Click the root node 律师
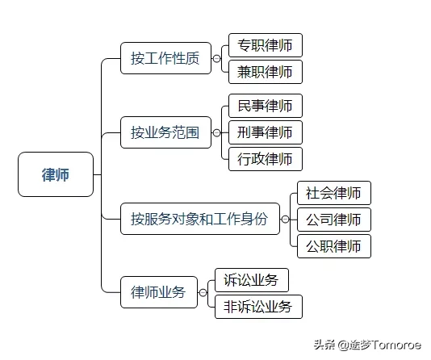(x=56, y=174)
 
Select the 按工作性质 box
(x=165, y=58)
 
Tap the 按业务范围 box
(x=165, y=132)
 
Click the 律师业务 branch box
(x=158, y=292)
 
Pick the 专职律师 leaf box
(x=265, y=45)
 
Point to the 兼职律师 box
(x=265, y=72)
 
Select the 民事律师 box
(x=265, y=106)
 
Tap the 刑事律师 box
(x=265, y=132)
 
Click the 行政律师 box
(x=265, y=159)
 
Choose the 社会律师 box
(x=333, y=193)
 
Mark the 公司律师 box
(x=333, y=220)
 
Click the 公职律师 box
(x=333, y=246)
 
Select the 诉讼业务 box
(x=251, y=280)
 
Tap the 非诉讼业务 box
(x=257, y=307)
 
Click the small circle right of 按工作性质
(x=216, y=58)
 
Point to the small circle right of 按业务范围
(x=216, y=132)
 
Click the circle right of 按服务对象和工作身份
(x=285, y=218)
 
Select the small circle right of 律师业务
(x=203, y=292)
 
